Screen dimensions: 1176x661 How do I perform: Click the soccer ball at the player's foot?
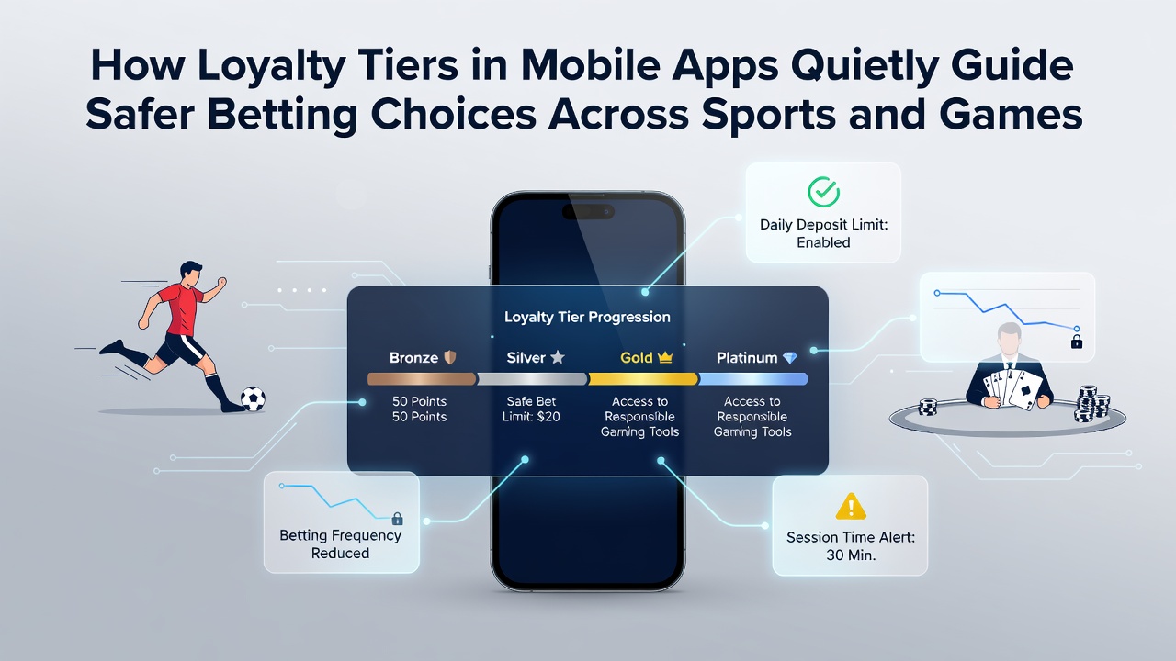pyautogui.click(x=253, y=398)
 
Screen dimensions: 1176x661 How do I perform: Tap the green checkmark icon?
pyautogui.click(x=823, y=192)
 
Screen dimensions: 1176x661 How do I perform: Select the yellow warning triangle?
pyautogui.click(x=851, y=506)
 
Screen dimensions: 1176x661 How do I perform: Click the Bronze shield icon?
pyautogui.click(x=450, y=358)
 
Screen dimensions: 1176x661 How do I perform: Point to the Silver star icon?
pyautogui.click(x=558, y=357)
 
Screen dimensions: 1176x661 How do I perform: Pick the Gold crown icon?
pyautogui.click(x=665, y=358)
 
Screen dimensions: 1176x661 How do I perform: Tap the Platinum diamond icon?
pyautogui.click(x=789, y=358)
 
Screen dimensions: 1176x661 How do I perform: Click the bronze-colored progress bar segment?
pyautogui.click(x=422, y=379)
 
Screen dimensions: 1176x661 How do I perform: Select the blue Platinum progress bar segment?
pyautogui.click(x=752, y=379)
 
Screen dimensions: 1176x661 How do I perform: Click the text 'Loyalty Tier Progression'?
pyautogui.click(x=587, y=317)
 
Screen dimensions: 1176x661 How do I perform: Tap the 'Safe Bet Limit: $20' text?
pyautogui.click(x=531, y=409)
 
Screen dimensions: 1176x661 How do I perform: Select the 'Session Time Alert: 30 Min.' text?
pyautogui.click(x=851, y=546)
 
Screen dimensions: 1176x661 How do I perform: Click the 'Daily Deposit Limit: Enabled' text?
pyautogui.click(x=823, y=233)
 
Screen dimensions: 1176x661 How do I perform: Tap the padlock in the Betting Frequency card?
pyautogui.click(x=398, y=519)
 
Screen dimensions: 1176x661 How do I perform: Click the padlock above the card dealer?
pyautogui.click(x=1077, y=342)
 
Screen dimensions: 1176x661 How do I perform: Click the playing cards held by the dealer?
pyautogui.click(x=1012, y=388)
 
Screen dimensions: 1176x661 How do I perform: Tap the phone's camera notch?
pyautogui.click(x=588, y=212)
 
